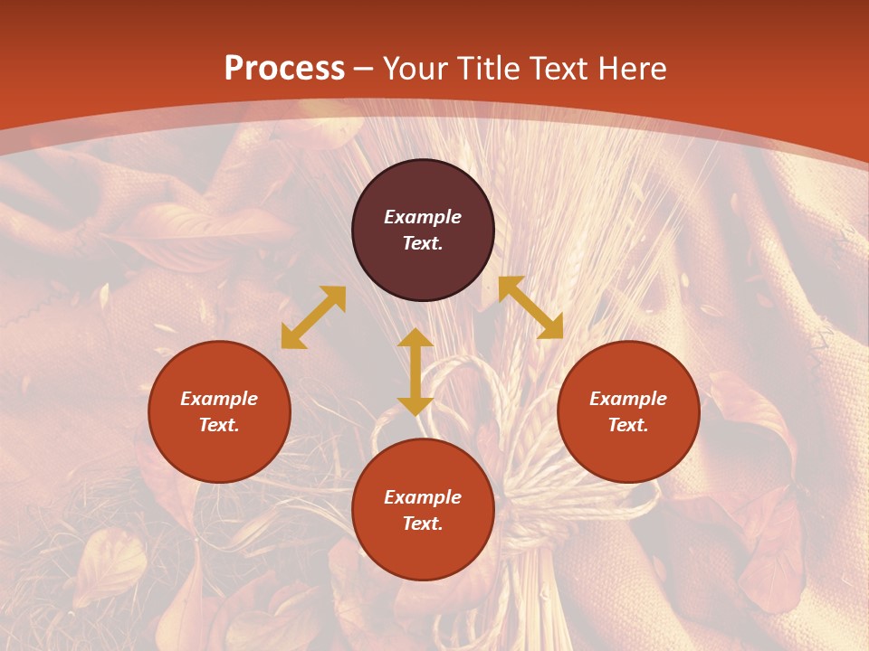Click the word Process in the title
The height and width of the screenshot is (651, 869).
coord(284,69)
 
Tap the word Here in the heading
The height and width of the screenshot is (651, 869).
coord(629,69)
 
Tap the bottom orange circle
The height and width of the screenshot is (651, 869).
coord(423,552)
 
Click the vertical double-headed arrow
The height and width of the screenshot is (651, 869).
coord(415,372)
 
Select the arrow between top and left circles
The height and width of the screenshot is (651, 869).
coord(313,317)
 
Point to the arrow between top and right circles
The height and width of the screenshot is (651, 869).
coord(530,307)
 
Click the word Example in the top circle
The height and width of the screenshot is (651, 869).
coord(423,217)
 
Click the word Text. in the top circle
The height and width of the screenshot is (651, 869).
coord(423,243)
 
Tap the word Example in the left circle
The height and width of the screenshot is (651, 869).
coord(219,399)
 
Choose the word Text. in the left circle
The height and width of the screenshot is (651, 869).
coord(219,425)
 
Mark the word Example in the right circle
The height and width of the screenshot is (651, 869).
coord(628,399)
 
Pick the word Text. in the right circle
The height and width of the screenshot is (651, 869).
coord(628,425)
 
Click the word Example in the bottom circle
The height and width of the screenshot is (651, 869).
coord(423,497)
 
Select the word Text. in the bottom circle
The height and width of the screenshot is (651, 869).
coord(423,524)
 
